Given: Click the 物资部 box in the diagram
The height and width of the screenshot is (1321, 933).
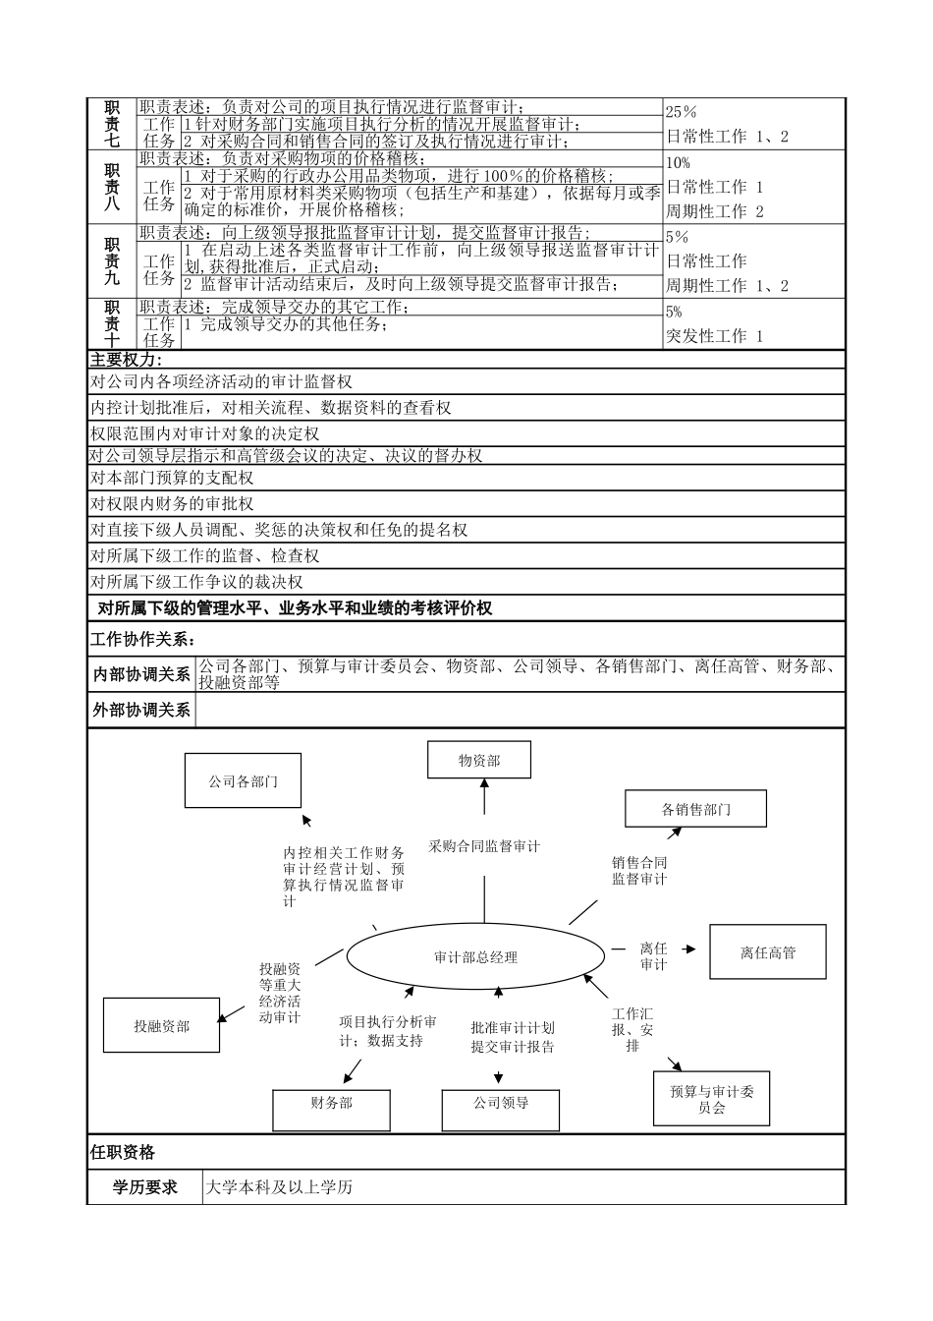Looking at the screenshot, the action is [x=479, y=760].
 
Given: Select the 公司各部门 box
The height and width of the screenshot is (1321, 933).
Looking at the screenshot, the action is [x=243, y=781].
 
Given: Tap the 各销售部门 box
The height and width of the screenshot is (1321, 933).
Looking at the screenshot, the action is [x=695, y=809].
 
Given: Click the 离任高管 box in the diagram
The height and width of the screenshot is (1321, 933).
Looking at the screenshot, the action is [x=767, y=951].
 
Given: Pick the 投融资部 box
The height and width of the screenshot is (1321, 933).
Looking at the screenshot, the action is [x=161, y=1025].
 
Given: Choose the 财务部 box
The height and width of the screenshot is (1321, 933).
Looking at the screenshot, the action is [x=331, y=1103].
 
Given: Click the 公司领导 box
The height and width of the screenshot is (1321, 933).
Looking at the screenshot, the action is [x=501, y=1103].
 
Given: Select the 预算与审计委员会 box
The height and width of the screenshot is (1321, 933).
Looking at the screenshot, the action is [x=712, y=1099].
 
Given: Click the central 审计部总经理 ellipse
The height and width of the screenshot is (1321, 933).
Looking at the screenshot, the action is [x=475, y=956].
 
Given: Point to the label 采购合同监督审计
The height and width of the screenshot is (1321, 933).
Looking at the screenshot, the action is [x=484, y=845].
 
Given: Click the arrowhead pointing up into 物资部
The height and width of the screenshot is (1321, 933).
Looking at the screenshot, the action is [x=483, y=783].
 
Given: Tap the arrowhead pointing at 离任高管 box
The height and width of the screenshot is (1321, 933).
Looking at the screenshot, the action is [x=690, y=948].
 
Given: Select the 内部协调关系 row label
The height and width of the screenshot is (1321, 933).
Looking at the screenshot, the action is [x=141, y=674].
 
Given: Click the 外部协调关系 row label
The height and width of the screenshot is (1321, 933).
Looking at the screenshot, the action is [x=141, y=709].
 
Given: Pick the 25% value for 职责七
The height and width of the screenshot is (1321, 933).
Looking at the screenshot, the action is [x=681, y=112].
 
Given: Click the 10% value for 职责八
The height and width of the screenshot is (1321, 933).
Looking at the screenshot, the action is [x=679, y=162].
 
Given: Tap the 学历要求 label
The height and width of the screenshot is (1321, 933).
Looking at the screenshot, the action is [x=145, y=1187].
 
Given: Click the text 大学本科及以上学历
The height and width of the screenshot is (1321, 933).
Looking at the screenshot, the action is [x=279, y=1187].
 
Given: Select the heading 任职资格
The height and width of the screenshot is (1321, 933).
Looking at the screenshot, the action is [x=123, y=1152].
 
